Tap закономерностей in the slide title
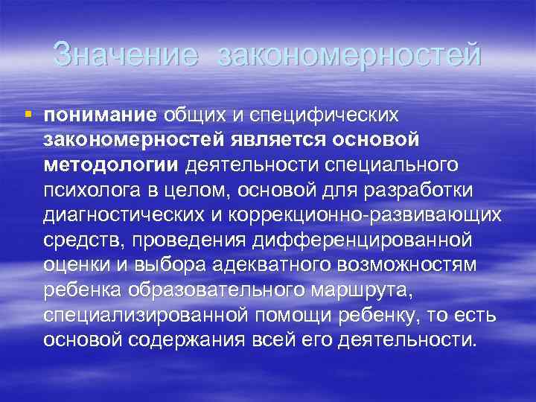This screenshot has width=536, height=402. click(350, 55)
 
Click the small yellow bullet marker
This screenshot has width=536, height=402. click(28, 115)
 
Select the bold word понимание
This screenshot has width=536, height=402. click(100, 115)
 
